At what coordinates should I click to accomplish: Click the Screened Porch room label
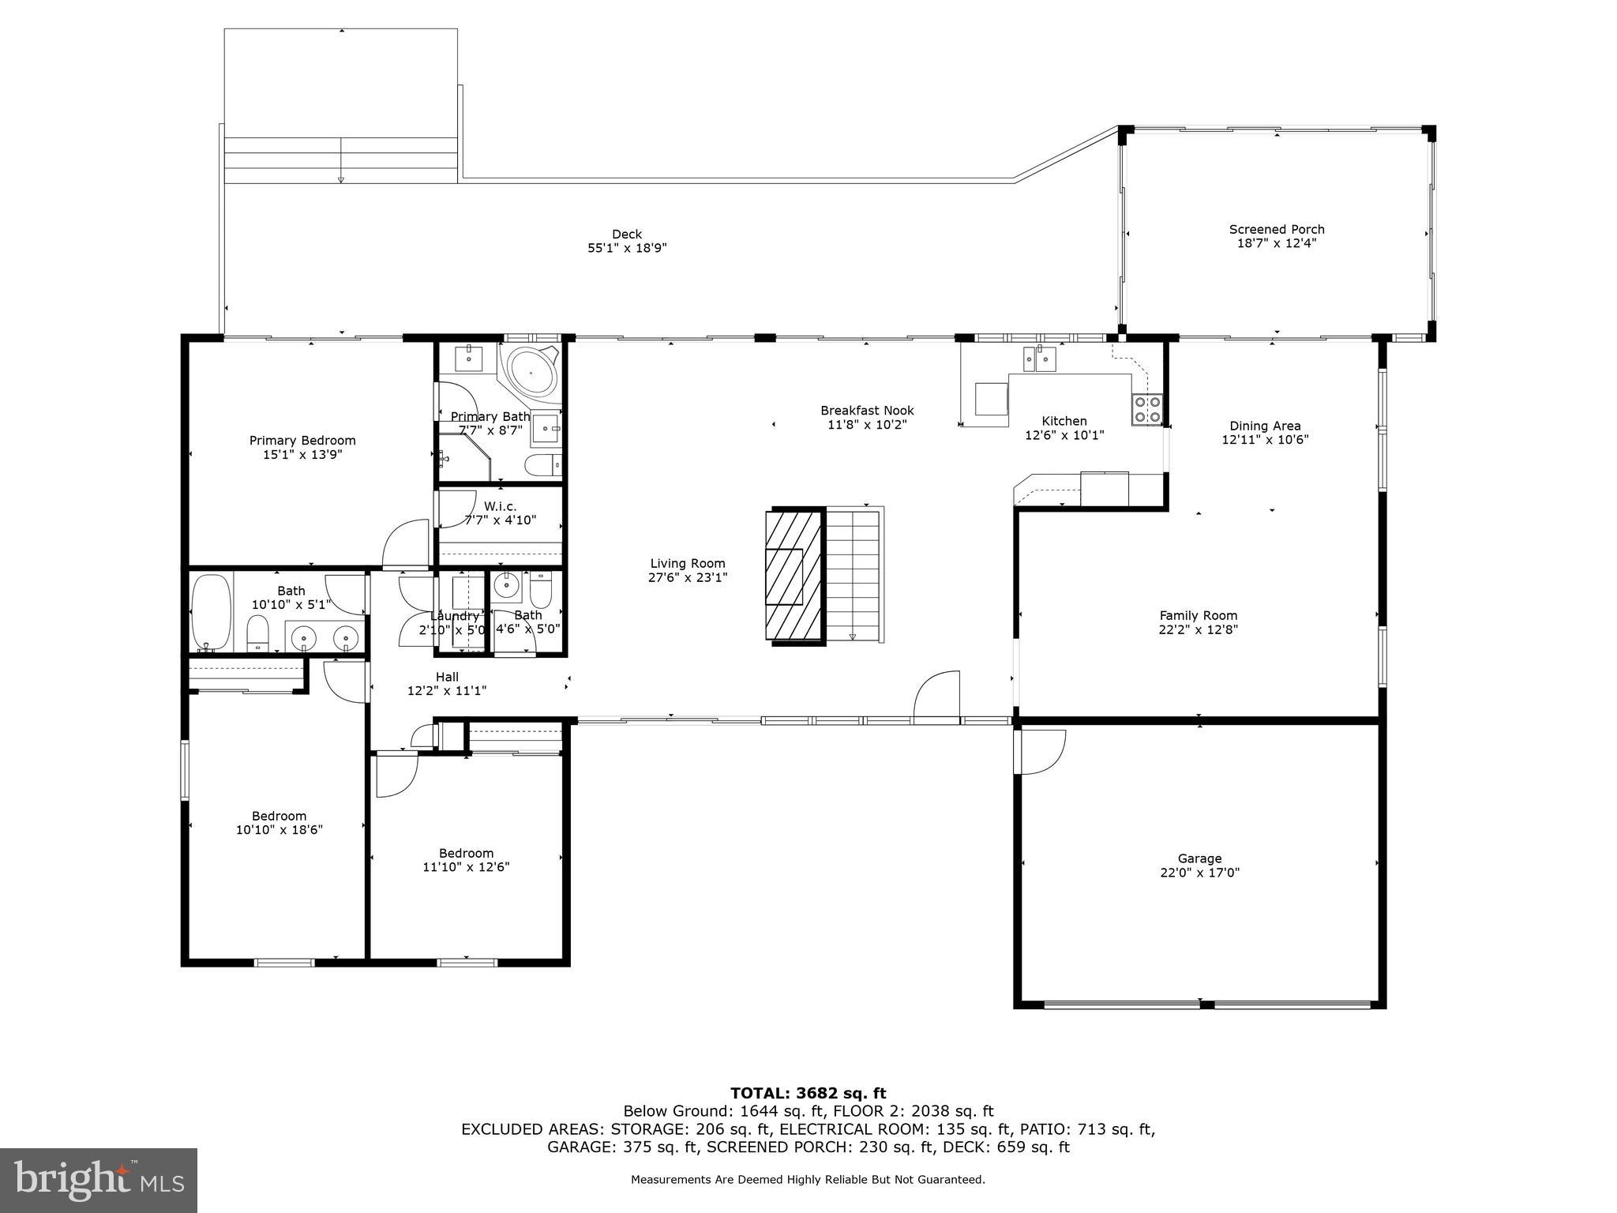coord(1276,230)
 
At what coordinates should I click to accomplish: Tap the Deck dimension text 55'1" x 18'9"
coord(627,248)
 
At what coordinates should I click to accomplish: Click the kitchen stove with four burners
coord(1146,408)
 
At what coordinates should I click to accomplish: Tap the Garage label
coord(1199,858)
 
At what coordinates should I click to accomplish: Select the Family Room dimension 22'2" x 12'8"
coord(1198,630)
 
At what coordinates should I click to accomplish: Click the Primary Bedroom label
coord(302,441)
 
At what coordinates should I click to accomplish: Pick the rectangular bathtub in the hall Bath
coord(212,611)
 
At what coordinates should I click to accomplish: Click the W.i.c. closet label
coord(500,506)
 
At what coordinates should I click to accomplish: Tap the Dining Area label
coord(1265,426)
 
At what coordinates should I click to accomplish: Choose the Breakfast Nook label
coord(867,411)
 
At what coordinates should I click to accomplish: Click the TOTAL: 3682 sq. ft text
coord(808,1094)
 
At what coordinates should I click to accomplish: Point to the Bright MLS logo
coord(99,1180)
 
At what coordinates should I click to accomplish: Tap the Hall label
coord(447,677)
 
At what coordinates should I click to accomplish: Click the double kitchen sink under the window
coord(1038,359)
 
